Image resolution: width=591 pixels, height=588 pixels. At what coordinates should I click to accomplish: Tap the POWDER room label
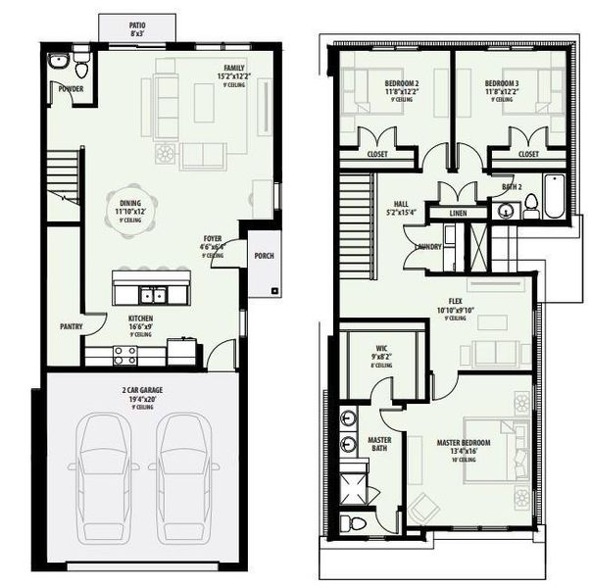pos(70,89)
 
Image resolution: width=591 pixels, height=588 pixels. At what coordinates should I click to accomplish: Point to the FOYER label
pos(212,238)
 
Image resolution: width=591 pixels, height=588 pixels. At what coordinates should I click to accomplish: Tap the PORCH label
pos(263,257)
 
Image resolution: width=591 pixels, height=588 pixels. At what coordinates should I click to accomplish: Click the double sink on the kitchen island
pos(151,293)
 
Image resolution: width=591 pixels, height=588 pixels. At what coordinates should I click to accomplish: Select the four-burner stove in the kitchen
pos(123,354)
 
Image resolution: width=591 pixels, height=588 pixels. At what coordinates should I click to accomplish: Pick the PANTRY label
pos(70,326)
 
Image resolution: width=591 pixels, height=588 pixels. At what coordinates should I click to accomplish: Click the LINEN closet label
pos(458,213)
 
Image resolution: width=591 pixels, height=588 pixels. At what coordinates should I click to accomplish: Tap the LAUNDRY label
pos(428,247)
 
